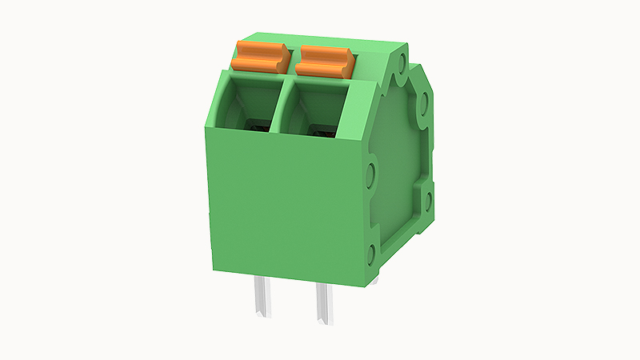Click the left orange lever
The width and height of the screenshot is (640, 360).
pos(258,58)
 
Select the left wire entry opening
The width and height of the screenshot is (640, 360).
pos(249,104)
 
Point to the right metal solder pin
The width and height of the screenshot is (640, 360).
pos(326,303)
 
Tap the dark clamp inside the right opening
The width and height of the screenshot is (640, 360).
pos(319,128)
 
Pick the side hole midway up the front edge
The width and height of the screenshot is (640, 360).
pos(370,173)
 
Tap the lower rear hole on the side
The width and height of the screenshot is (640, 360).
pos(427,197)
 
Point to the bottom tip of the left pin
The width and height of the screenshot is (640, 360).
pos(262,314)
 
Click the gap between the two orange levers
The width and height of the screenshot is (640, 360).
pos(293,58)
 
